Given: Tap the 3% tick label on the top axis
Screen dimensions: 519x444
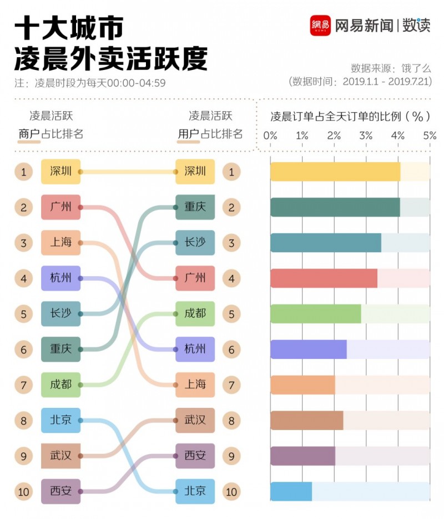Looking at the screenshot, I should coord(366,136).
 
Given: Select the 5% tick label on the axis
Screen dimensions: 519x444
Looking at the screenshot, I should coord(430,136).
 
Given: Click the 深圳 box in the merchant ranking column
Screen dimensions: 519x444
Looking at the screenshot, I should coord(61,172).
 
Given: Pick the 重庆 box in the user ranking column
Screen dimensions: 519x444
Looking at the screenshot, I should coord(195,207).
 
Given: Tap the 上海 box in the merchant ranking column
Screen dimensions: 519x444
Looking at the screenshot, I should coord(61,243).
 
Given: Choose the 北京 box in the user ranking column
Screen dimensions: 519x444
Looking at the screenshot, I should coord(195,491).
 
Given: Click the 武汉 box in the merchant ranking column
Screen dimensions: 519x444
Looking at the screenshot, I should coord(61,456).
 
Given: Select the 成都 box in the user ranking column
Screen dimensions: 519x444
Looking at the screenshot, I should coord(195,314).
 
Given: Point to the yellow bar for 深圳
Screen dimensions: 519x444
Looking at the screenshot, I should coord(335,172).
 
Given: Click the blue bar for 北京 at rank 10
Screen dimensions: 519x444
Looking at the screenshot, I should coord(291,491).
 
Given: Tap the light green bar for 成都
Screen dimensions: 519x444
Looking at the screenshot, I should coord(315,314).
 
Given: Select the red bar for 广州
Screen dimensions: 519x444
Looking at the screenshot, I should coord(324,278).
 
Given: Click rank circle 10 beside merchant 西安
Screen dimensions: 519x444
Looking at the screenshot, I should coord(23,491).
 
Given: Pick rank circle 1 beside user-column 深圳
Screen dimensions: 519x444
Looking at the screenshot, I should coord(231,172).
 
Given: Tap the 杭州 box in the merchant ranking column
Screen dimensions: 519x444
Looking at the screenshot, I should coord(61,278).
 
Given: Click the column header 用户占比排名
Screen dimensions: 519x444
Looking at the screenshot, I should coord(210,134).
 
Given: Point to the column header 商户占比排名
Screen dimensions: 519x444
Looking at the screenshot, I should coord(51,134).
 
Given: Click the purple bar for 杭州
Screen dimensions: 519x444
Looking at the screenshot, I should coord(308,350).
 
